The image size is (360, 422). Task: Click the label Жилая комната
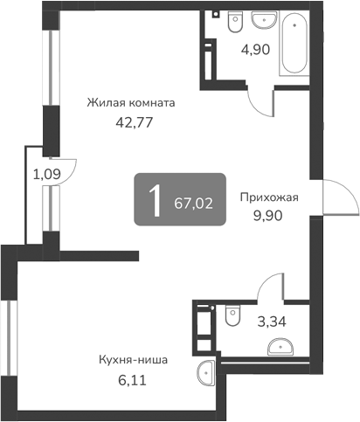131,103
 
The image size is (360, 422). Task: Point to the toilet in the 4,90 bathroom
232,22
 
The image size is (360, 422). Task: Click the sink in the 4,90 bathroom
260,20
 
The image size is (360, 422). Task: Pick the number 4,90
254,49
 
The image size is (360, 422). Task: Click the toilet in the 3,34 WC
232,315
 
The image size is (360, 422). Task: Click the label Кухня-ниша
134,359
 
